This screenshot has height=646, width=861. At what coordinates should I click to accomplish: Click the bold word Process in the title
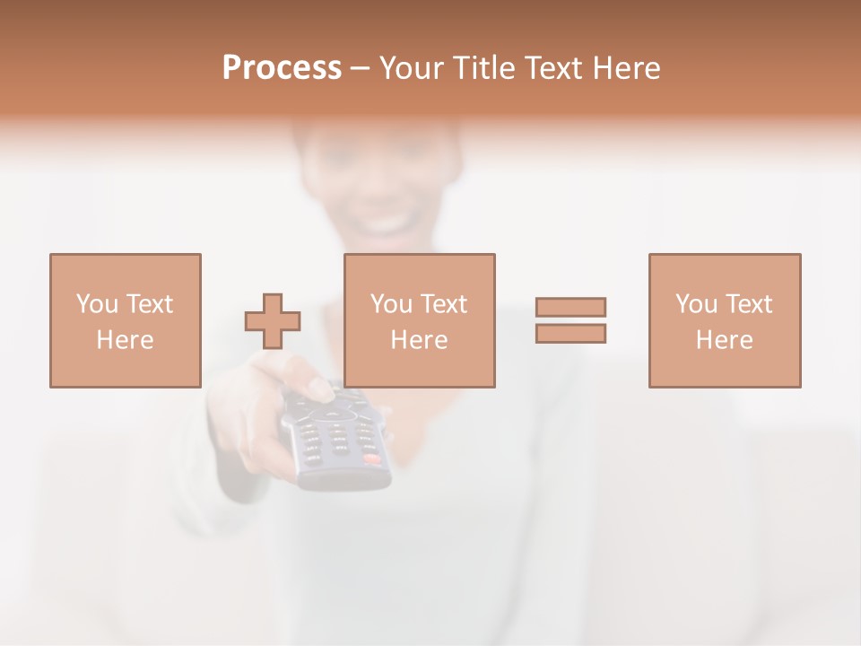coord(282,68)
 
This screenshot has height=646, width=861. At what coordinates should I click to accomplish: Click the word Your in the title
coord(408,68)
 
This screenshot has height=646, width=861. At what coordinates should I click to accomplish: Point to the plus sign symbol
coord(273,320)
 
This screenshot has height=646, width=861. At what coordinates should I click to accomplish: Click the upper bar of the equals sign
coord(570,307)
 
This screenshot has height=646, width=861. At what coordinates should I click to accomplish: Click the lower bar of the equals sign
coord(570,333)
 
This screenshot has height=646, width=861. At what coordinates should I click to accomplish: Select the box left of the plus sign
coord(125,320)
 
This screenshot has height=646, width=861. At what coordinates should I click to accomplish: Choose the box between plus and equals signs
coord(419,320)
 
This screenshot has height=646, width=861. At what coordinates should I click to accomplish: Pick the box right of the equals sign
coord(724,320)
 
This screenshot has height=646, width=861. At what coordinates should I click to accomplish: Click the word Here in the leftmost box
coord(125,340)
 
